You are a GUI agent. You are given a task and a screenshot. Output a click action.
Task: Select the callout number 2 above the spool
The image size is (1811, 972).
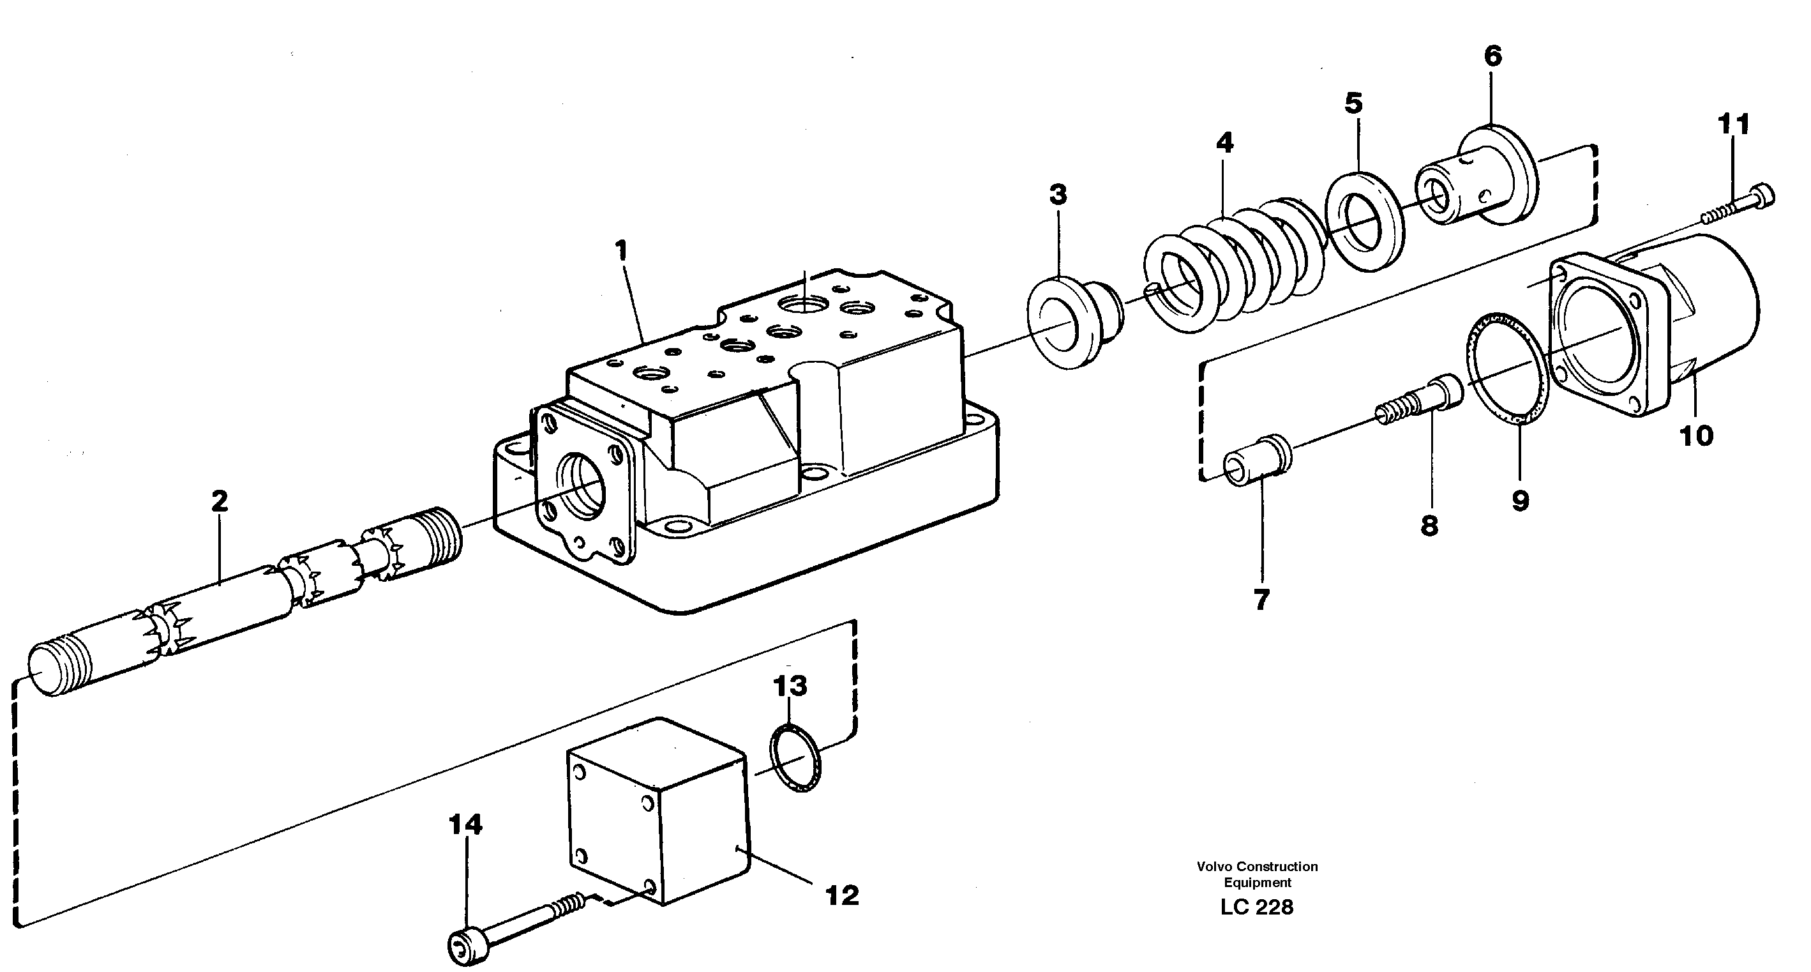pos(220,501)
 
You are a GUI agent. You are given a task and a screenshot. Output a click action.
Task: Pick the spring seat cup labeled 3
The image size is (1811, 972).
pos(1075,324)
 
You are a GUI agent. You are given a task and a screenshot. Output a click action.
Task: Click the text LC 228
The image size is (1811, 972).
pos(1256,907)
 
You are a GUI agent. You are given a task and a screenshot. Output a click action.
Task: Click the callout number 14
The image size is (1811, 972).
pos(465,824)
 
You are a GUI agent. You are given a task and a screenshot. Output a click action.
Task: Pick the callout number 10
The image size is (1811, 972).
pos(1695,436)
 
